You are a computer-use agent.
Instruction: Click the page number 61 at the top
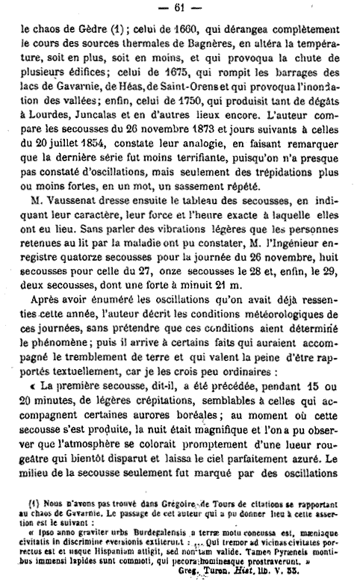[179, 9]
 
